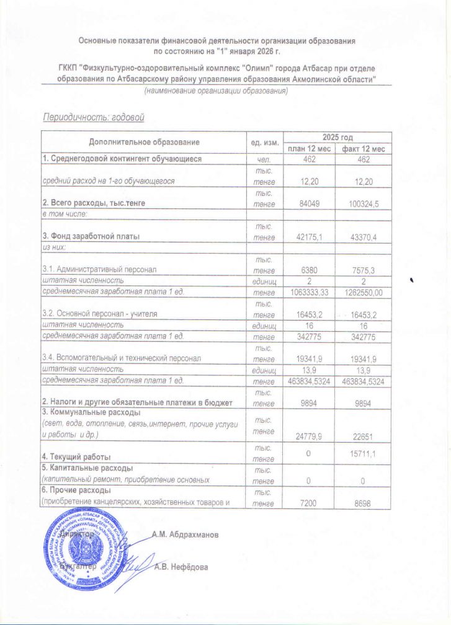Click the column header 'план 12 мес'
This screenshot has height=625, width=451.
point(308,149)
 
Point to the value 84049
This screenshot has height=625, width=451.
point(308,203)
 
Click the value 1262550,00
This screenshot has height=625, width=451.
point(363,292)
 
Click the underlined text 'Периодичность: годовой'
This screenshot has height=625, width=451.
point(92,117)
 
